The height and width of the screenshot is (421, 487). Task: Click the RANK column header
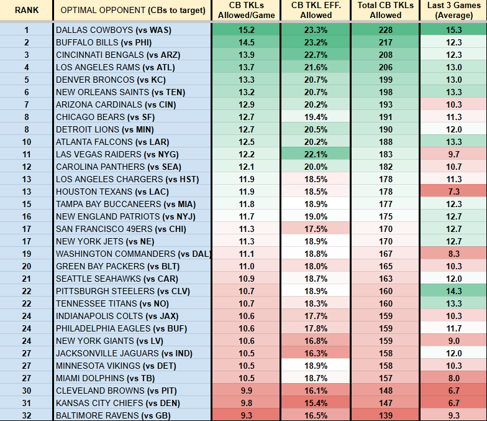click(26, 11)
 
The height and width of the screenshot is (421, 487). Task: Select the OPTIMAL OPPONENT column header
click(132, 11)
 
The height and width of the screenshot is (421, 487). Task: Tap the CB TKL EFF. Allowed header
click(316, 11)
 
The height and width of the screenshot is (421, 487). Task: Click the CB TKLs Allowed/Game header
click(245, 11)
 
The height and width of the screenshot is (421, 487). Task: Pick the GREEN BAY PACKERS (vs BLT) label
click(112, 266)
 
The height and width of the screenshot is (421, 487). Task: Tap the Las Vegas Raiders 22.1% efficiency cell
click(316, 154)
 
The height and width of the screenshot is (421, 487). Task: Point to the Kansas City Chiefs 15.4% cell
click(316, 403)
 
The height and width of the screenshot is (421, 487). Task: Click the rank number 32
click(26, 415)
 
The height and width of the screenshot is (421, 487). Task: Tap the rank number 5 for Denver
click(26, 80)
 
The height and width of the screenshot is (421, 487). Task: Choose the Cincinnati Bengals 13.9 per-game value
click(245, 55)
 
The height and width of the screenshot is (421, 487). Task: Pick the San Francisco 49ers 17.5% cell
click(316, 229)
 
